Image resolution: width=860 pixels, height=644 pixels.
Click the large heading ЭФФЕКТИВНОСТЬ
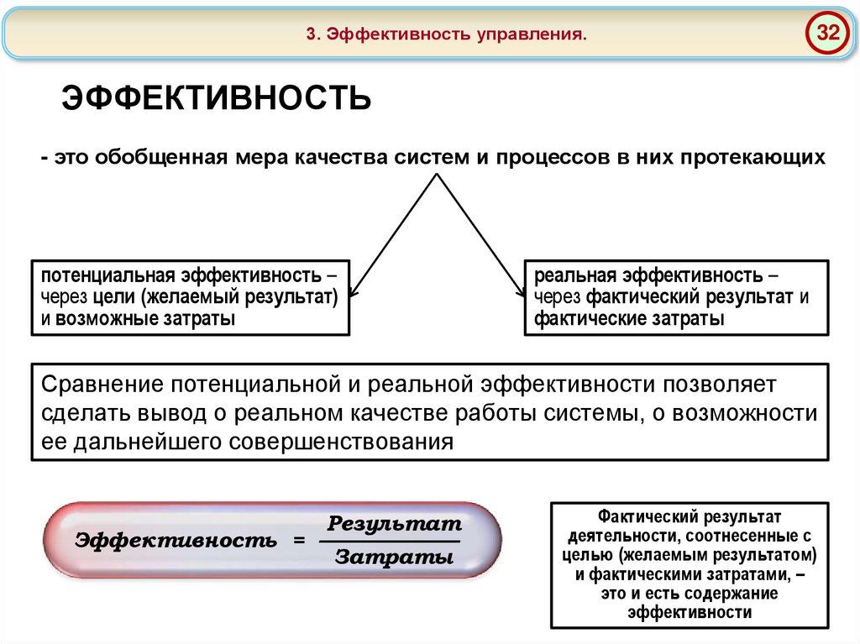[x=217, y=98]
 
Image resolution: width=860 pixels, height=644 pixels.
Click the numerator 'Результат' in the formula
[x=395, y=524]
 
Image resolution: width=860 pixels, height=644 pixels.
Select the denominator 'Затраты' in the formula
[x=388, y=558]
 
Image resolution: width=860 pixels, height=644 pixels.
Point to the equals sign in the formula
[x=299, y=541]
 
